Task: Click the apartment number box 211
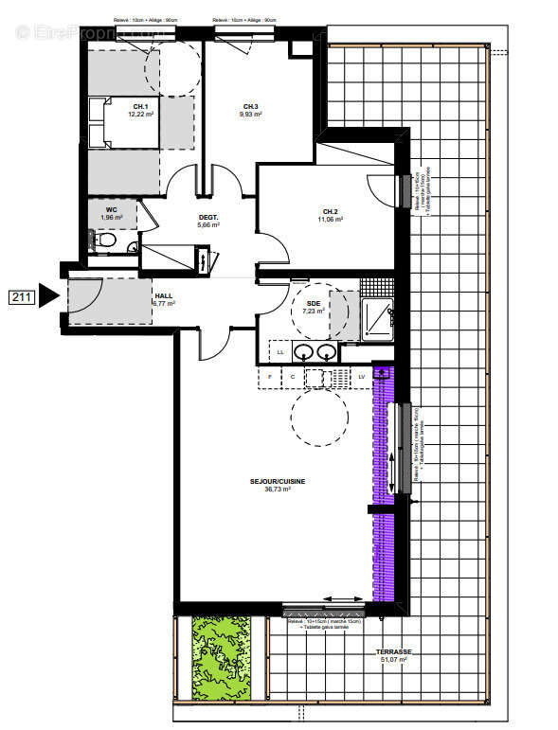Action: click(x=22, y=298)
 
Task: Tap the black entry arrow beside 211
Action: click(x=49, y=297)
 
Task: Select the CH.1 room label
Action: click(x=140, y=106)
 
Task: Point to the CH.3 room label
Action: click(x=250, y=106)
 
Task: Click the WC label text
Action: click(x=112, y=210)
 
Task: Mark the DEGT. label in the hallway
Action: click(x=208, y=217)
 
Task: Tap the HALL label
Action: click(x=163, y=295)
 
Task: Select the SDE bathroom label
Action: click(x=314, y=303)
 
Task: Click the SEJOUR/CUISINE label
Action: click(x=278, y=481)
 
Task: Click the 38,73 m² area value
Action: click(x=278, y=490)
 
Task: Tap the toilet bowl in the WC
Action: click(x=106, y=243)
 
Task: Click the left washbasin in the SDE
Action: click(x=304, y=352)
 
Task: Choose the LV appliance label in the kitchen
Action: click(x=362, y=377)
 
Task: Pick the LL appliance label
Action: click(x=280, y=352)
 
